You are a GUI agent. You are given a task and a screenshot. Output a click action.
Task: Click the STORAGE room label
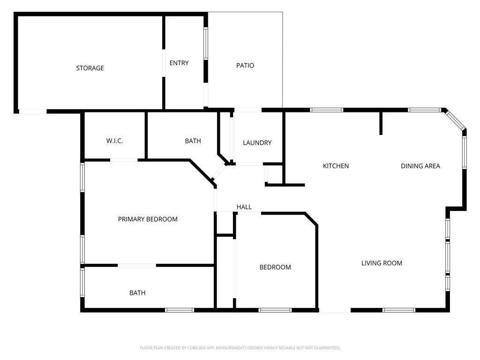click(x=90, y=68)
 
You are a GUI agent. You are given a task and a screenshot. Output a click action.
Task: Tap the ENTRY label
click(x=179, y=63)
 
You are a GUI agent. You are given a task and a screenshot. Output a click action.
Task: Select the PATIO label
click(x=245, y=65)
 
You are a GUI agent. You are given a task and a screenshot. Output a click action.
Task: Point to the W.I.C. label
click(x=114, y=141)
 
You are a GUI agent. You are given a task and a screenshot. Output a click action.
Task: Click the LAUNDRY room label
click(x=257, y=142)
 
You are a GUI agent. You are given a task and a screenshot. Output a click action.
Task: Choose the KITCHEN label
click(x=336, y=166)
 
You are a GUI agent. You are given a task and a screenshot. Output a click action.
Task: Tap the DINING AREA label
click(x=420, y=166)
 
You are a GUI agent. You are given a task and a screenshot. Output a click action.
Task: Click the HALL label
click(x=244, y=207)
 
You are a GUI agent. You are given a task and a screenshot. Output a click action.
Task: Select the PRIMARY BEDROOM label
click(x=148, y=219)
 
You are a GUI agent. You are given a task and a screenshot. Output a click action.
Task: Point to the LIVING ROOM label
click(x=382, y=263)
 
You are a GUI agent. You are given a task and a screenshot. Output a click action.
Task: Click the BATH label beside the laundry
click(x=193, y=141)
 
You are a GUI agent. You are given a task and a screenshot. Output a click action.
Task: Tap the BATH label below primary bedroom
click(x=137, y=293)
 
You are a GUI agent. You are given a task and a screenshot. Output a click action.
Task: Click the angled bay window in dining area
click(x=455, y=120)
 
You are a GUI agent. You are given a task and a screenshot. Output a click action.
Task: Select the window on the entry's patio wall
click(x=206, y=44)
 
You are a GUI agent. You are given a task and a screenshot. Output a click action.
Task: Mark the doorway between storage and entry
click(x=164, y=63)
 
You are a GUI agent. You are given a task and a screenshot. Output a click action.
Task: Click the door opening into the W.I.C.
click(x=124, y=160)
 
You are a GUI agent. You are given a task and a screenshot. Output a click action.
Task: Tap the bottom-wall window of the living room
click(x=399, y=310)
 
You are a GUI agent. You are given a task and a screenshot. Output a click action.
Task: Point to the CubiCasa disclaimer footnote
click(x=240, y=348)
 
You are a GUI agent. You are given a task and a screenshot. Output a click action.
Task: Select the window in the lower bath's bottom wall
click(x=180, y=310)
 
